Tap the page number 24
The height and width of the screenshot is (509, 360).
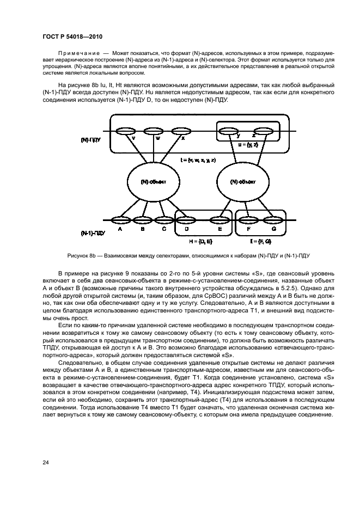[46, 462]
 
